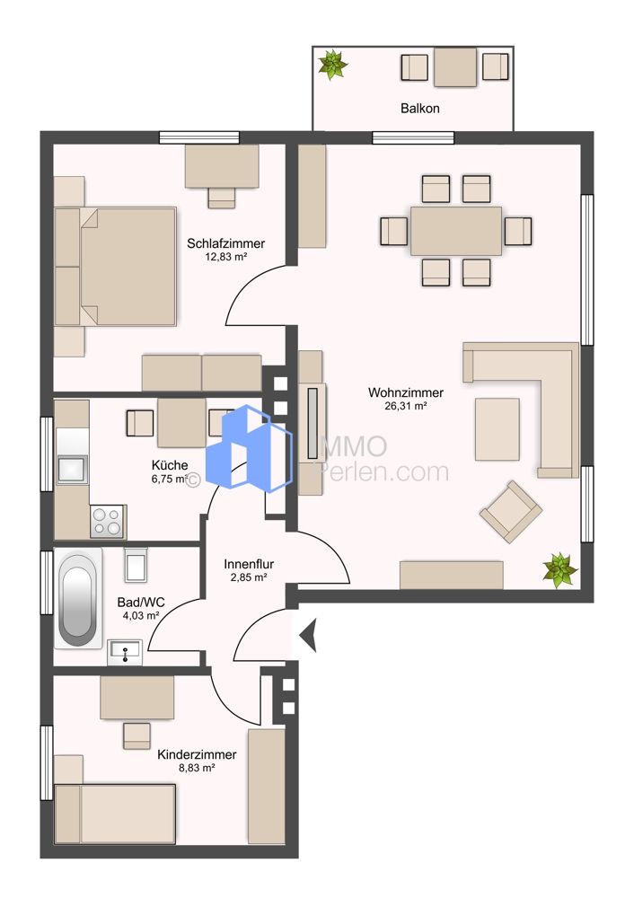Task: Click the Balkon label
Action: [419, 108]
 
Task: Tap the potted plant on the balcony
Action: [333, 64]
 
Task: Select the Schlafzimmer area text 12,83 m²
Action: [225, 257]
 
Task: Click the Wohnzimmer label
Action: [406, 393]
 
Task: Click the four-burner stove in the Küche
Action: [108, 521]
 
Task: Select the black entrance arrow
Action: [308, 635]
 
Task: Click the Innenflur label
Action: [249, 564]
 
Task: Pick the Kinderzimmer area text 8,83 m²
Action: [197, 768]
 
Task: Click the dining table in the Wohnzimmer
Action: [456, 231]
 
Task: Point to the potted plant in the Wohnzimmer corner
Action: [559, 569]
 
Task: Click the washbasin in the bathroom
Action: [126, 653]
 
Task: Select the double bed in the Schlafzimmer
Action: [115, 267]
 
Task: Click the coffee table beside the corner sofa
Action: [498, 429]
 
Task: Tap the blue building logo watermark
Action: [249, 447]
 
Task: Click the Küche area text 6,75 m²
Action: [170, 479]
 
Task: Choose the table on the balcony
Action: [455, 67]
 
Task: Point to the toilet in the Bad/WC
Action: [136, 564]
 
